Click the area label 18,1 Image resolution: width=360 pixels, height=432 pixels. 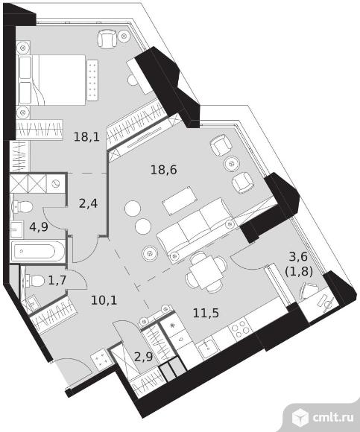[x=86, y=136]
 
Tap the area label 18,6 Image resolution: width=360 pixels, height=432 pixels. [x=164, y=170]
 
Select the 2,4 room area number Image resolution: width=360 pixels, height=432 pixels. [x=88, y=204]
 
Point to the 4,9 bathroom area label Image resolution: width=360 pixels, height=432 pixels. [x=39, y=226]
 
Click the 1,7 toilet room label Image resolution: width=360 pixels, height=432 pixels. [x=57, y=281]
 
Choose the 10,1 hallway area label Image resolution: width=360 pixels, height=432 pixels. [x=104, y=300]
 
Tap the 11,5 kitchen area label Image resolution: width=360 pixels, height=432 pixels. [x=206, y=313]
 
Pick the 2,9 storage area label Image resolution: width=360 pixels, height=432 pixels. [x=144, y=357]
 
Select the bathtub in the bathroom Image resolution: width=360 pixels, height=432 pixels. [x=38, y=251]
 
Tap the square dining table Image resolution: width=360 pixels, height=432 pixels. [x=206, y=272]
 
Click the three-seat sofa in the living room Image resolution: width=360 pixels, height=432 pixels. [x=196, y=230]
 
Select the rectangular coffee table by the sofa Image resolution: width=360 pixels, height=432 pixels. [x=180, y=200]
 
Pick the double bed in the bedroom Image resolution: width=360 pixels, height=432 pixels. [x=51, y=80]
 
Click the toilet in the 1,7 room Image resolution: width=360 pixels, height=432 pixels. [x=35, y=281]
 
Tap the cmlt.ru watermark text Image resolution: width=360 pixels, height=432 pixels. [x=333, y=417]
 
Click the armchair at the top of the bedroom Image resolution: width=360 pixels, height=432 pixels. [x=107, y=39]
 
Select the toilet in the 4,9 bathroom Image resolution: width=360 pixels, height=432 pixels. [x=23, y=207]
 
